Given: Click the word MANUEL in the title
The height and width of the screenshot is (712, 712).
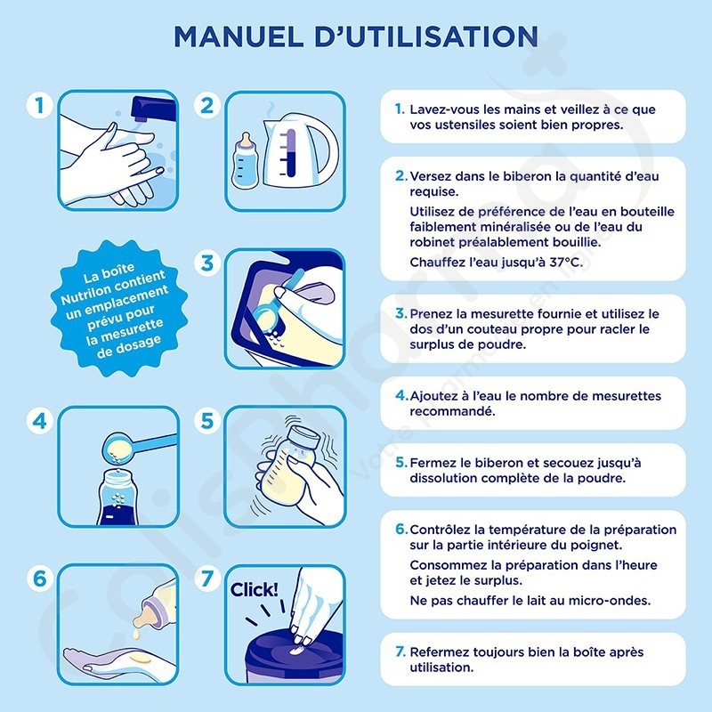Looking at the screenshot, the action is (239, 36).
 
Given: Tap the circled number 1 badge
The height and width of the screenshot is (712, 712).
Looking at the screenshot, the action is (39, 106).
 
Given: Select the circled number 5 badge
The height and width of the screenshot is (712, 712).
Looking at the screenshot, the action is (207, 420).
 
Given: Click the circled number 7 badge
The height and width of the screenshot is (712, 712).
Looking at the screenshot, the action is (207, 578).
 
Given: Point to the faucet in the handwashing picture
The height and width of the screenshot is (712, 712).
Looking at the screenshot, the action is (153, 109).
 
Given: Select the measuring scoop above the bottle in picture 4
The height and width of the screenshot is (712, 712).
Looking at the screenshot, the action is (137, 447).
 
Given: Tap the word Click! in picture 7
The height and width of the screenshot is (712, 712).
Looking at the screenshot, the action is (254, 590).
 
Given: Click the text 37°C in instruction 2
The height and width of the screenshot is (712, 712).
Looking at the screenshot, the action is (566, 263).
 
